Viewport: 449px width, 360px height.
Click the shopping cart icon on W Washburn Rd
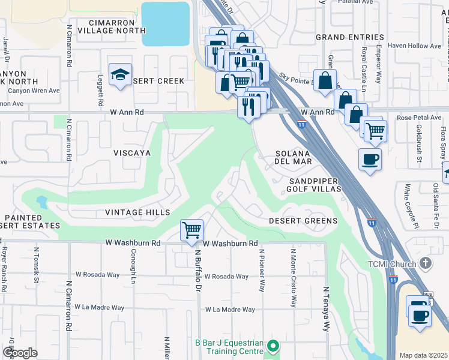point(191,230)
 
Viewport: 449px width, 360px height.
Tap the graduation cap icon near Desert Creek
point(120,74)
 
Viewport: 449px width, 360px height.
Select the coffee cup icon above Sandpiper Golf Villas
point(370,160)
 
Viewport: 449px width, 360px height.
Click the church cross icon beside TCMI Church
point(426,263)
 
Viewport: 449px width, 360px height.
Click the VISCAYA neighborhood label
point(132,154)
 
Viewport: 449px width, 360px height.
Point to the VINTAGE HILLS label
point(137,212)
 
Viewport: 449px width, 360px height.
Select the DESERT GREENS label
point(303,221)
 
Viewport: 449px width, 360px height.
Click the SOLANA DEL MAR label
point(293,157)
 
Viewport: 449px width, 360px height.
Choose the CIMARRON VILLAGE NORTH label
point(105,25)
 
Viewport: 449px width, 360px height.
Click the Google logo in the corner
point(20,353)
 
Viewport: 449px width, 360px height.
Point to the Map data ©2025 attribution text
point(423,355)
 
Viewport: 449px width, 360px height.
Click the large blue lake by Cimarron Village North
point(165,23)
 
